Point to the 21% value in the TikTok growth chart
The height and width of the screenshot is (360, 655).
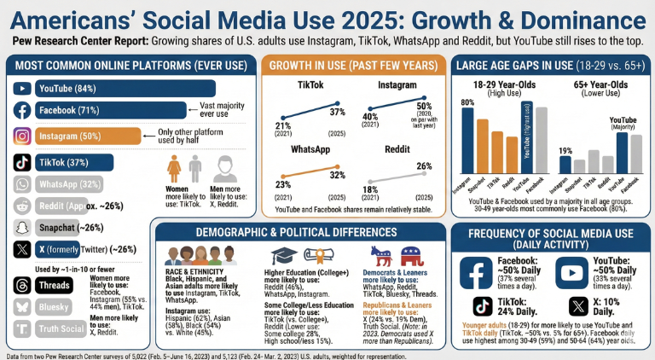coord(282,126)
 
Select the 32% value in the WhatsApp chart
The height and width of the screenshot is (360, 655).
coord(337,176)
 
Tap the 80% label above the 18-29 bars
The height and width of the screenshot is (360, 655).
coord(467,102)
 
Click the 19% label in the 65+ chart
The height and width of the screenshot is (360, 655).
coord(565,150)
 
